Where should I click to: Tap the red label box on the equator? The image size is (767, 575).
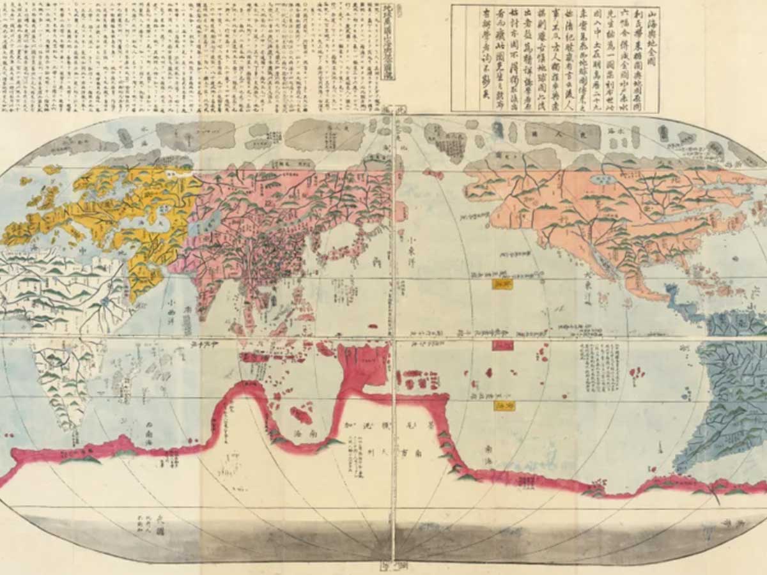click(x=502, y=345)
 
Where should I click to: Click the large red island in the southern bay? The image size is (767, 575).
click(x=300, y=415)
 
